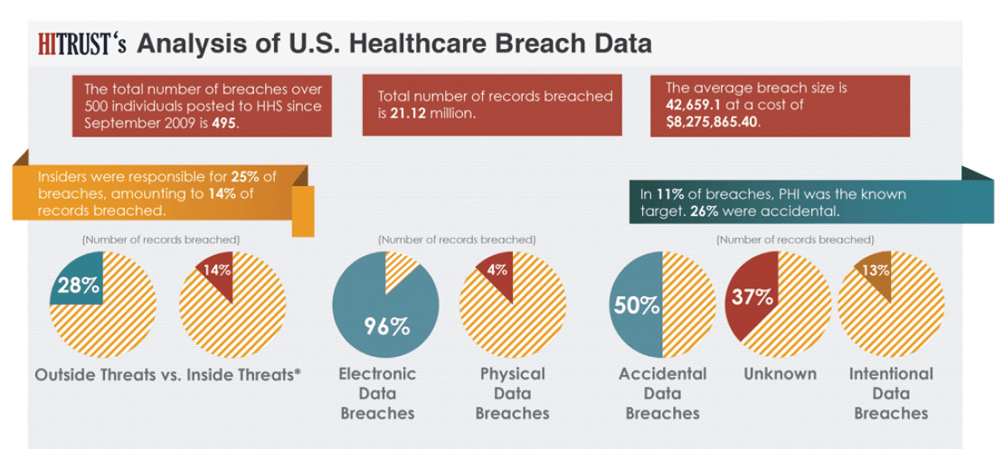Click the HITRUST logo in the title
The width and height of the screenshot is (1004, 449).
click(x=81, y=43)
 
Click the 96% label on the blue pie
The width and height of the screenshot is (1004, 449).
click(x=387, y=326)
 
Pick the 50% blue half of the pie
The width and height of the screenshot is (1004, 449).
click(x=638, y=304)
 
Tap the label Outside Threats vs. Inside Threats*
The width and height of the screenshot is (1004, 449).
click(x=167, y=375)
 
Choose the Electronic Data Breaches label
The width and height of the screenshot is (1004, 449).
click(x=377, y=393)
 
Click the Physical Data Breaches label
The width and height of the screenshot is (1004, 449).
click(x=512, y=393)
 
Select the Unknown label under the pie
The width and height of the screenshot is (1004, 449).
click(x=780, y=374)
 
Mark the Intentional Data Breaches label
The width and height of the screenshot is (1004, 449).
click(x=891, y=393)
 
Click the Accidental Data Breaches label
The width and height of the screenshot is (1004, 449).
click(x=663, y=393)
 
